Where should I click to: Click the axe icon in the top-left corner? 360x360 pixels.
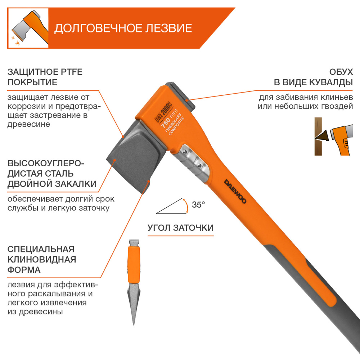pyautogui.click(x=28, y=28)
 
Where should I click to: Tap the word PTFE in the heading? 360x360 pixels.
pyautogui.click(x=71, y=72)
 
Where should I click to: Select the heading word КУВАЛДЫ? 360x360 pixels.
pyautogui.click(x=330, y=82)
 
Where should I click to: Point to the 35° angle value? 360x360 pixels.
pyautogui.click(x=198, y=205)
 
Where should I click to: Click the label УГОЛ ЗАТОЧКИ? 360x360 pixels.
pyautogui.click(x=180, y=228)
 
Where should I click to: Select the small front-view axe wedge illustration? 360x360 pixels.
pyautogui.click(x=133, y=281)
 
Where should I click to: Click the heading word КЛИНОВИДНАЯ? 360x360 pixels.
pyautogui.click(x=42, y=259)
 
